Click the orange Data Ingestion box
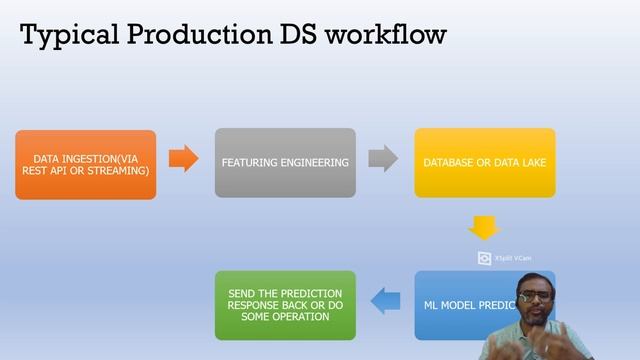(86, 164)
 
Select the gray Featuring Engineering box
(285, 162)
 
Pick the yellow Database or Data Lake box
(484, 162)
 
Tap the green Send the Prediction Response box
(285, 304)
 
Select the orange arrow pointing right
(184, 159)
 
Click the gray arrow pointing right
(383, 159)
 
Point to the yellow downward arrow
(485, 227)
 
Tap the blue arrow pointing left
(386, 297)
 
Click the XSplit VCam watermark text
(512, 258)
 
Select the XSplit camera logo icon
(485, 258)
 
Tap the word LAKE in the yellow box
(529, 162)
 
